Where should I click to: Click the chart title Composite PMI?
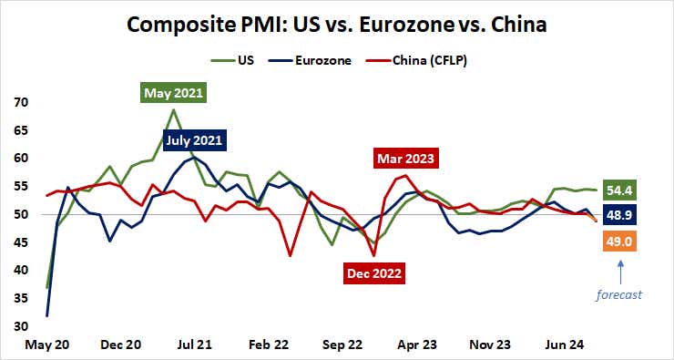pyautogui.click(x=337, y=24)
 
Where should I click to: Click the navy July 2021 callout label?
pyautogui.click(x=194, y=140)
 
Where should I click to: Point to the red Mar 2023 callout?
pyautogui.click(x=406, y=159)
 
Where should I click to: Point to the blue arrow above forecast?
pyautogui.click(x=622, y=272)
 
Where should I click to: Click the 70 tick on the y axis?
pyautogui.click(x=19, y=102)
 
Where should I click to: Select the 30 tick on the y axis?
pyautogui.click(x=19, y=326)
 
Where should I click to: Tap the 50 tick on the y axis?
pyautogui.click(x=19, y=214)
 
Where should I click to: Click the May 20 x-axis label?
pyautogui.click(x=34, y=346)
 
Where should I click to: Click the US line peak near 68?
pyautogui.click(x=173, y=110)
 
